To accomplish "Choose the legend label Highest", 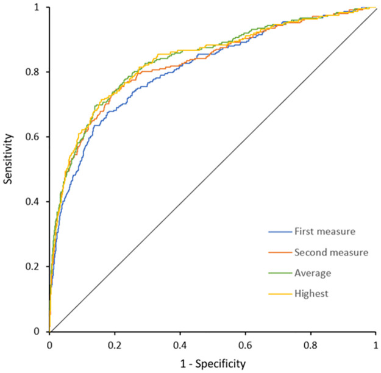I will click(x=310, y=294).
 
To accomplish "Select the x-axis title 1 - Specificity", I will click(x=213, y=364).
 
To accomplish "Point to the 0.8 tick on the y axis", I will click(x=37, y=72).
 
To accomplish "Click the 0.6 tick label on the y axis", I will click(x=37, y=137).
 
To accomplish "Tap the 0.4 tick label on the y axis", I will click(x=37, y=202).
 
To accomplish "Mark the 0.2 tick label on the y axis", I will click(x=37, y=266).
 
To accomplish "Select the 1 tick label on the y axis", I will click(x=40, y=7).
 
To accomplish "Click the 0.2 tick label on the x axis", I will click(x=115, y=344).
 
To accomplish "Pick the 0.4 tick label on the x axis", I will click(x=180, y=344).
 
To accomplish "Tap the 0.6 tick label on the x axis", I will click(x=245, y=344).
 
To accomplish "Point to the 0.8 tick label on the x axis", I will click(x=310, y=344).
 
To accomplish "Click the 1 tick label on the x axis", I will click(x=376, y=344).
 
